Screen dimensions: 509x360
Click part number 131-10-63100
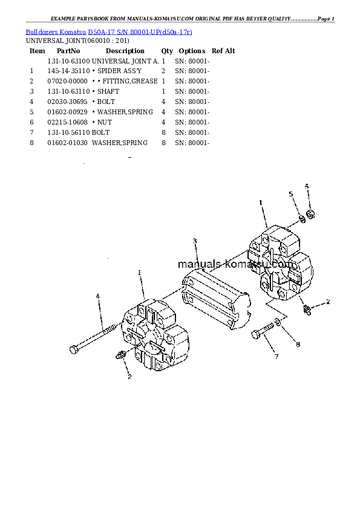(x=68, y=61)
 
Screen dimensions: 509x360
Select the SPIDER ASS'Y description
(x=119, y=71)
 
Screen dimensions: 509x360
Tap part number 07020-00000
(x=68, y=82)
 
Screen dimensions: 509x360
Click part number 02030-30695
(x=68, y=102)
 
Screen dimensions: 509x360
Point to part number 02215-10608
(x=68, y=123)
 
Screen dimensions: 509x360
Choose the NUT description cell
(x=104, y=123)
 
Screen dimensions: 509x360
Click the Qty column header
(x=166, y=51)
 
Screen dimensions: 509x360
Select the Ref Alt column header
(x=223, y=51)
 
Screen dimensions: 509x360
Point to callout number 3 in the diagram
(x=195, y=242)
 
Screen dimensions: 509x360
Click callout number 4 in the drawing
(x=98, y=296)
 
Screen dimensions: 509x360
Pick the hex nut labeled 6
(x=309, y=213)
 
